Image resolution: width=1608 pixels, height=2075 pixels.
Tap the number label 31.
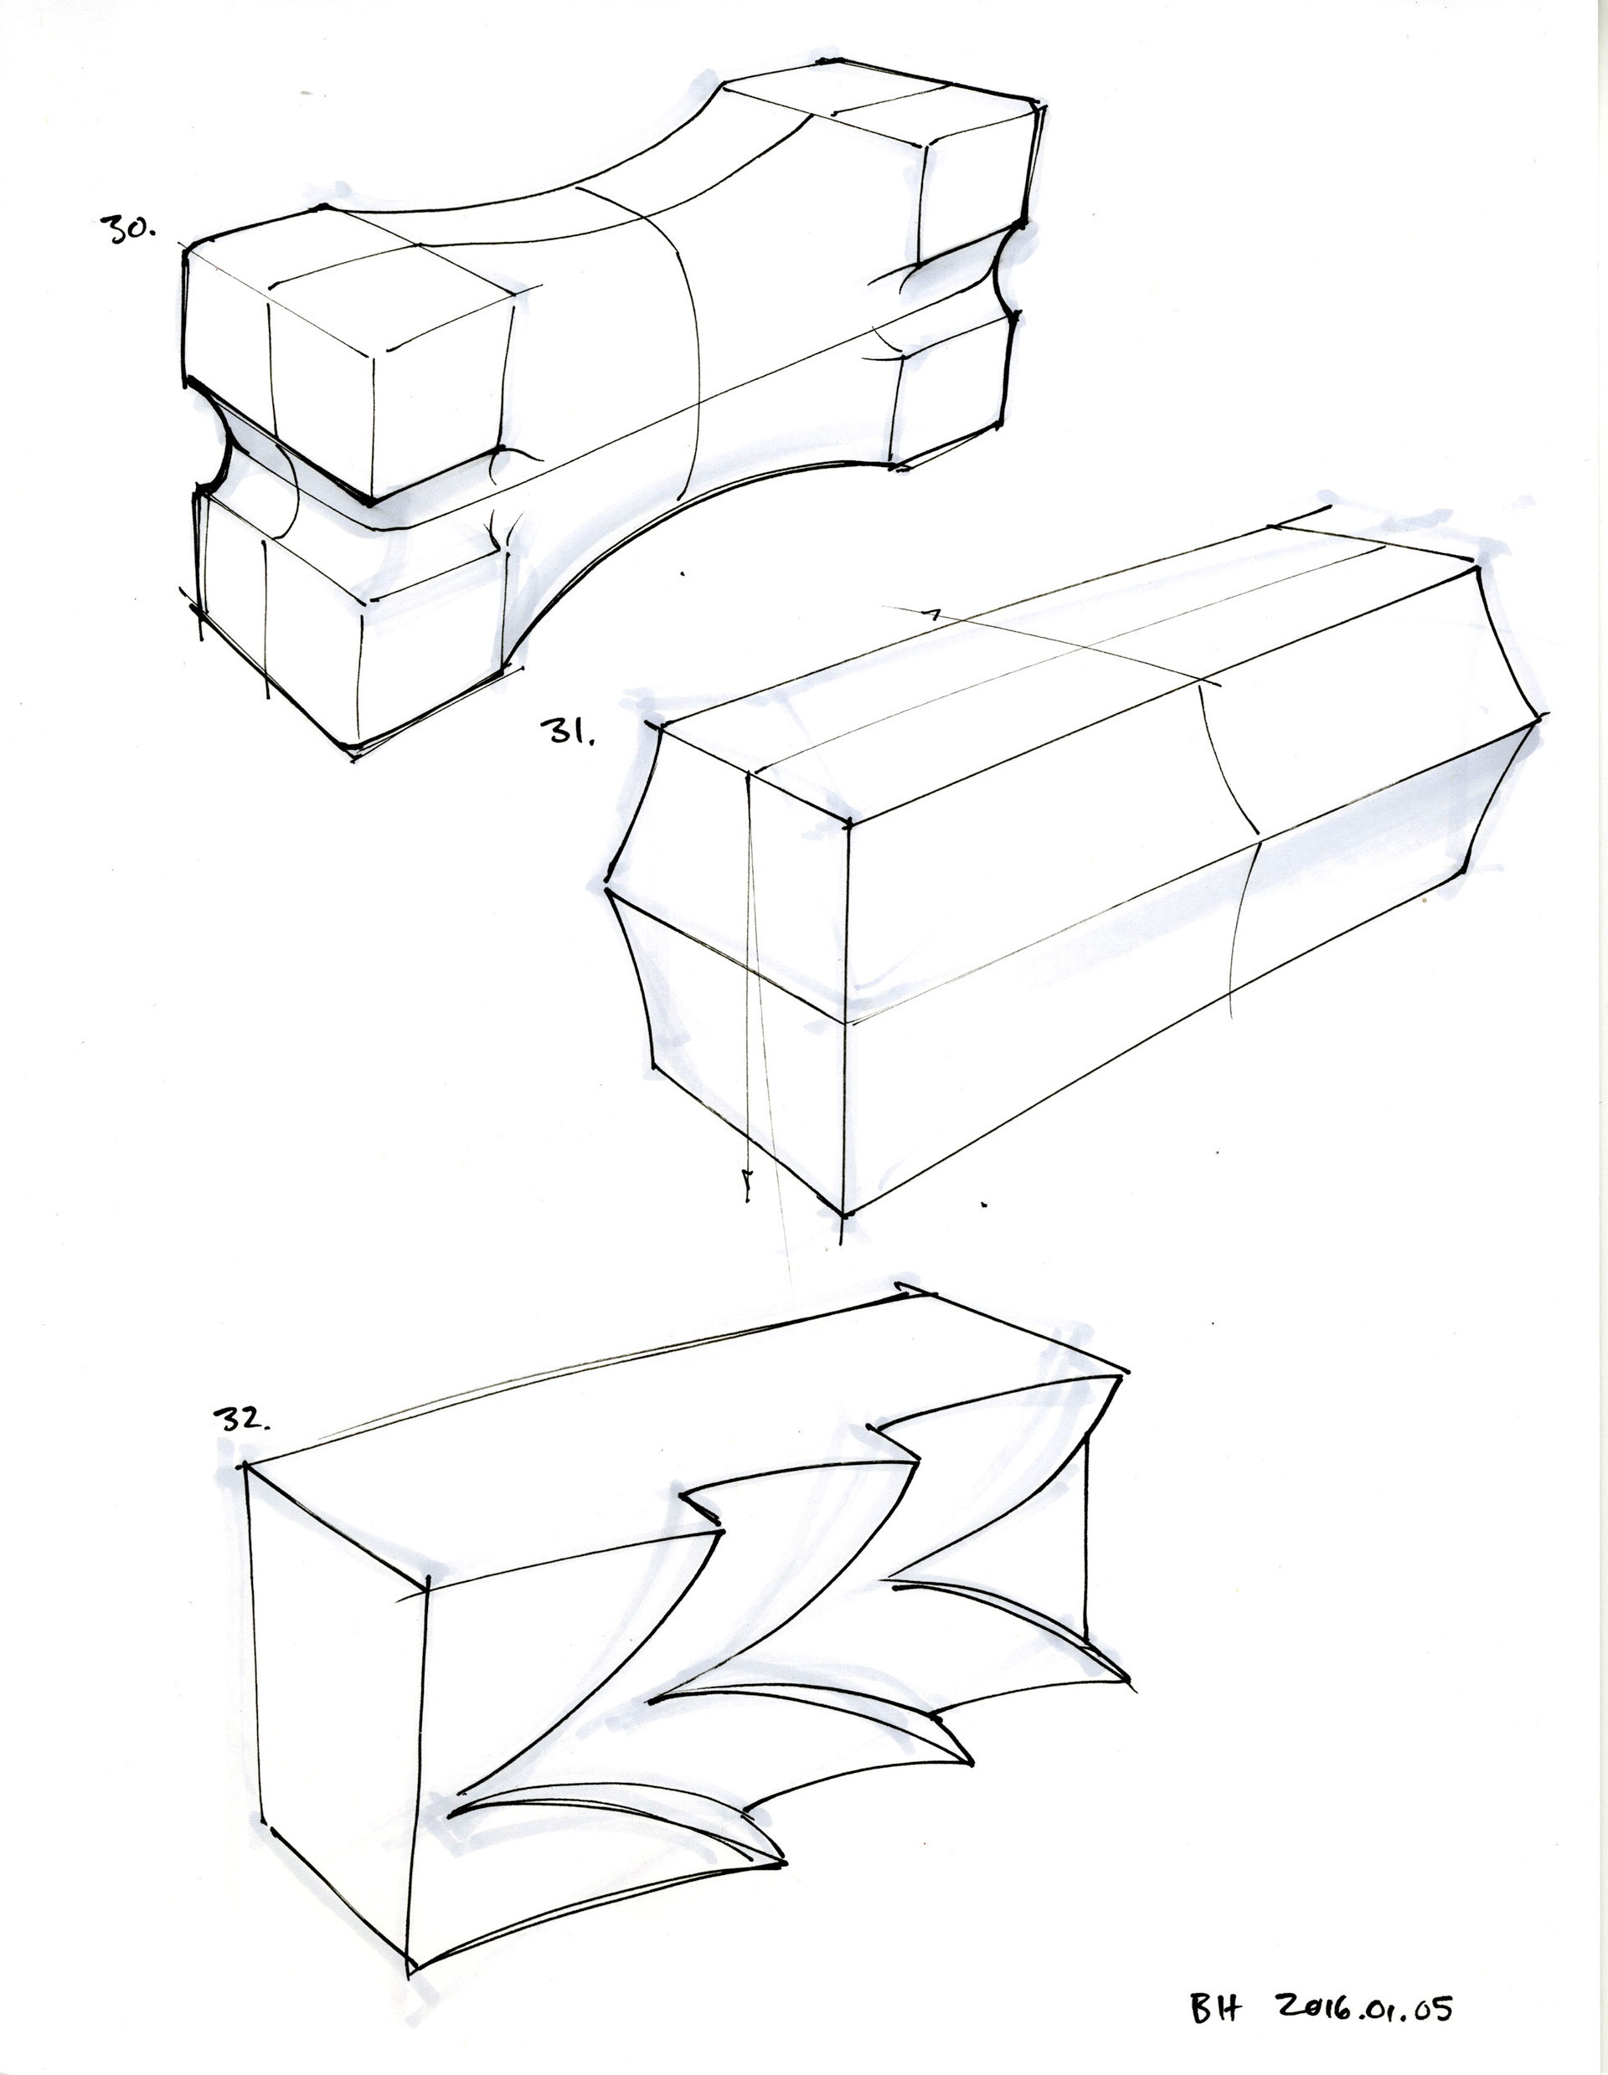566,732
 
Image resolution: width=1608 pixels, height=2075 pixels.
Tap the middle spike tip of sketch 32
971,1761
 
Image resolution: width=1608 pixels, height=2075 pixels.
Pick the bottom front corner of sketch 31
845,1212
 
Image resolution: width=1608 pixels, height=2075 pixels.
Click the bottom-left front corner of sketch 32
410,1964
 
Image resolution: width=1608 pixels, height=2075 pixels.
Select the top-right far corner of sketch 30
1037,101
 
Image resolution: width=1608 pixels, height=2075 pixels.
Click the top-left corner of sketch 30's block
186,247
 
